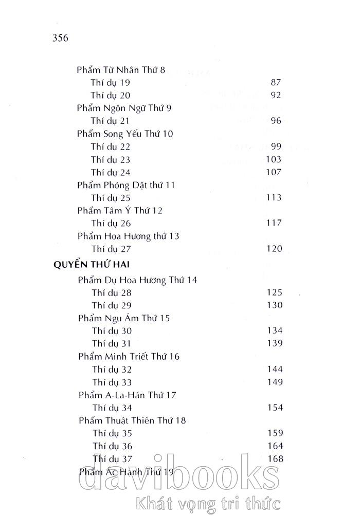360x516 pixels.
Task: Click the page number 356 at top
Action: pos(61,39)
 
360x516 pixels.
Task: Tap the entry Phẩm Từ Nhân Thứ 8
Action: pos(120,69)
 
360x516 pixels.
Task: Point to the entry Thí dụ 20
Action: pos(111,95)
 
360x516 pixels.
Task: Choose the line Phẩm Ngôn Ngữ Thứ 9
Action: pos(124,108)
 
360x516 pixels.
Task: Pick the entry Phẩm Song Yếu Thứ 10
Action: pos(125,134)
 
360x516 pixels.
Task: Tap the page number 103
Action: pos(273,159)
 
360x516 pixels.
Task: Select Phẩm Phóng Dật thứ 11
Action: pos(127,185)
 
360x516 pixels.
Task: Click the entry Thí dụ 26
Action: pos(111,223)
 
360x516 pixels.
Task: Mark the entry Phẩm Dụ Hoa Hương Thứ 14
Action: pos(137,280)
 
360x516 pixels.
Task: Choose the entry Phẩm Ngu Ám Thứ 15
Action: pos(124,318)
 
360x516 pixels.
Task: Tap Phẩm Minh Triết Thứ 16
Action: pos(129,356)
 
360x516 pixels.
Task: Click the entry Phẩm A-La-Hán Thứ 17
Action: pos(128,395)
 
